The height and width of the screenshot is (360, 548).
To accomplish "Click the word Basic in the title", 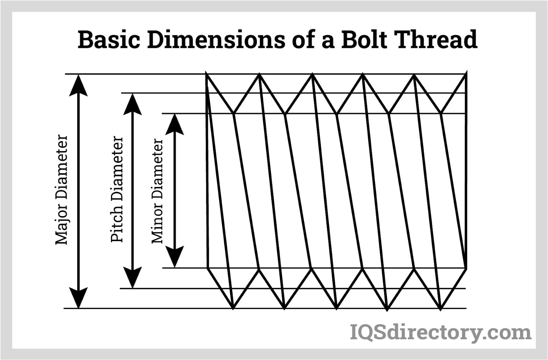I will [x=109, y=39].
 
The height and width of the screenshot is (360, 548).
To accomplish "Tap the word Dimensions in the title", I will [x=216, y=39].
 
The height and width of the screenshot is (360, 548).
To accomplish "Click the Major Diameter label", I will [x=62, y=190].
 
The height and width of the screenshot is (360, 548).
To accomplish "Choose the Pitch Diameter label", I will [x=117, y=190].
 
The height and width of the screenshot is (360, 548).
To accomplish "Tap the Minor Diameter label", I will [x=157, y=191].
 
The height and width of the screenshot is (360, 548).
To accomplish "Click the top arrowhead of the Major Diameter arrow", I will [x=79, y=85].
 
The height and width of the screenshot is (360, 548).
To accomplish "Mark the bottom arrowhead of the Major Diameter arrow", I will [x=79, y=297].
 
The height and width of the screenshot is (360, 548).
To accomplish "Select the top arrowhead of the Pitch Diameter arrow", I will [x=132, y=103].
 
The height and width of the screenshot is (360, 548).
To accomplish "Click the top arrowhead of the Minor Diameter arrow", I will [x=175, y=124].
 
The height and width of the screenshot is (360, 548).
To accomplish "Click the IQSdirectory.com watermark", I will [x=440, y=332].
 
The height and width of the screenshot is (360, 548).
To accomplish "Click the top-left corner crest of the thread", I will [x=206, y=74].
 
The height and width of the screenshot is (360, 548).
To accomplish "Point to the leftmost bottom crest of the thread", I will [x=233, y=308].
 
